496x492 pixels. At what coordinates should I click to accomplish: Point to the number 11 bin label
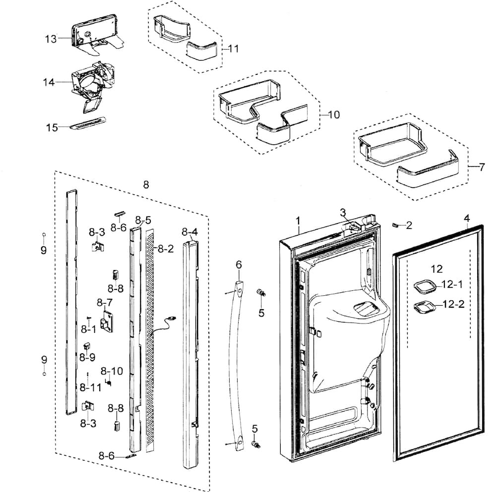[x=233, y=49]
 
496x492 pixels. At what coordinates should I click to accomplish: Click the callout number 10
[x=333, y=114]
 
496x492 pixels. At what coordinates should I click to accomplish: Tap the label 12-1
[x=452, y=284]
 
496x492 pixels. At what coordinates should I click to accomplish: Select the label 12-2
[x=453, y=304]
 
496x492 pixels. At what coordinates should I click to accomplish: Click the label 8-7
[x=105, y=302]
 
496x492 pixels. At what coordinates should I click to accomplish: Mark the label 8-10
[x=112, y=371]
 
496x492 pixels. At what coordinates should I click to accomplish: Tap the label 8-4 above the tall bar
[x=189, y=231]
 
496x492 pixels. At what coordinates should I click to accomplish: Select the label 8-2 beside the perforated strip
[x=166, y=249]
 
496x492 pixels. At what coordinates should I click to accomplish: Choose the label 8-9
[x=87, y=357]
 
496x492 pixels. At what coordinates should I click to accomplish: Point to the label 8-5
[x=143, y=219]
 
